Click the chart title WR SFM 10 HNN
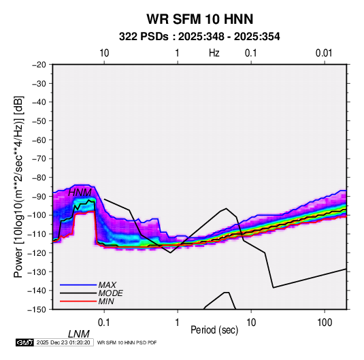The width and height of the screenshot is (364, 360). tap(199, 19)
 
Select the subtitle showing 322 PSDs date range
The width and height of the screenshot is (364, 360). tap(199, 37)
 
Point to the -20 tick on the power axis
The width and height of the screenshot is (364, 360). tap(39, 65)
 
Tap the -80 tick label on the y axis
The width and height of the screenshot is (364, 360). tap(39, 178)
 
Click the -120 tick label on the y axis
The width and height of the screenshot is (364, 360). tap(37, 252)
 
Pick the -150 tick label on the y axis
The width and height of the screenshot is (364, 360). tap(37, 310)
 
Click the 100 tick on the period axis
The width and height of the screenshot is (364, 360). tap(325, 323)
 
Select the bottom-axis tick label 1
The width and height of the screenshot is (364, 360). tap(178, 323)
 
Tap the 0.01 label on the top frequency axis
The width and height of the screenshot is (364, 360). tap(324, 53)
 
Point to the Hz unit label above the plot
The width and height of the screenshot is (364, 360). tap(214, 53)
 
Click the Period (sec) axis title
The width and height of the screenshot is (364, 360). tap(214, 330)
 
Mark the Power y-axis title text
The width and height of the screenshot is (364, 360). tap(18, 186)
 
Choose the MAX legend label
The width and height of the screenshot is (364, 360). tap(107, 285)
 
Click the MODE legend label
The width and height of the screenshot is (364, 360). tap(110, 293)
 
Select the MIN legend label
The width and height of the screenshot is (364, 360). tap(106, 301)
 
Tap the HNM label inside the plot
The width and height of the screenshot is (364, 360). tap(80, 193)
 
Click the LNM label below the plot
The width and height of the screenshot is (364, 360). tap(78, 334)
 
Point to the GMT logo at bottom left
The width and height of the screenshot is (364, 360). tap(25, 342)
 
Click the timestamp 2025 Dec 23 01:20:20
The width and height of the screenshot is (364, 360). tap(63, 342)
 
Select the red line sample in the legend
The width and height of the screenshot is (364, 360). tap(78, 301)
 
